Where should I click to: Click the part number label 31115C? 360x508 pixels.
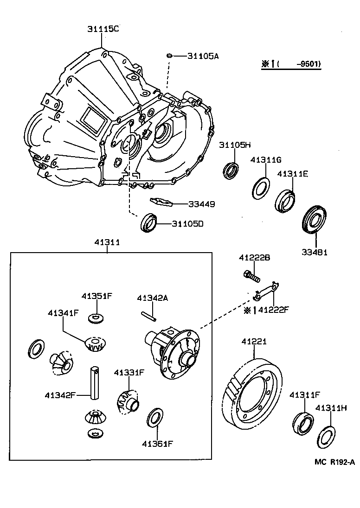[x=103, y=29]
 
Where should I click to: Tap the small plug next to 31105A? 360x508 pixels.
[x=170, y=56]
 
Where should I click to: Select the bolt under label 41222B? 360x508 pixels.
[x=250, y=276]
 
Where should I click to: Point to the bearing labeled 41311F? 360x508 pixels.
[x=302, y=421]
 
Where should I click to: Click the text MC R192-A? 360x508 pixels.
[x=334, y=461]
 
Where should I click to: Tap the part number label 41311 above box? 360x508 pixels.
[x=107, y=242]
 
